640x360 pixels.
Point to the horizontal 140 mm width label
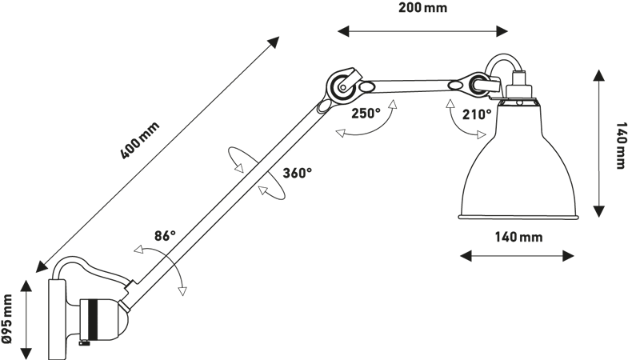click(x=518, y=238)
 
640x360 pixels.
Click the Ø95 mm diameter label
click(x=9, y=318)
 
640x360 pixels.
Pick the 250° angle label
click(x=365, y=114)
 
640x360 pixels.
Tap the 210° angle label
click(x=478, y=114)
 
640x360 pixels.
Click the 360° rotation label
click(x=297, y=172)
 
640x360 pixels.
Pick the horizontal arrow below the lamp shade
click(x=518, y=256)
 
